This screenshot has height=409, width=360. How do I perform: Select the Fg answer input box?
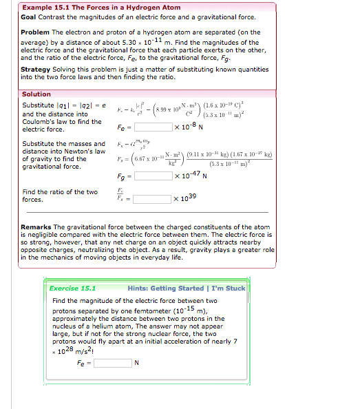153,176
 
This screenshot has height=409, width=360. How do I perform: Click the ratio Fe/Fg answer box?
153,199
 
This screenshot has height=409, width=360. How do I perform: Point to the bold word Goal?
29,17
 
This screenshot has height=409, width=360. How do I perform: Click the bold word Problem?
34,32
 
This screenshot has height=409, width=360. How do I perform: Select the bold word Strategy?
36,70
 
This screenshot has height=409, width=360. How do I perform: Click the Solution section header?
36,94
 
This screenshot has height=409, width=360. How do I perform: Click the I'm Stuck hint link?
226,289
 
